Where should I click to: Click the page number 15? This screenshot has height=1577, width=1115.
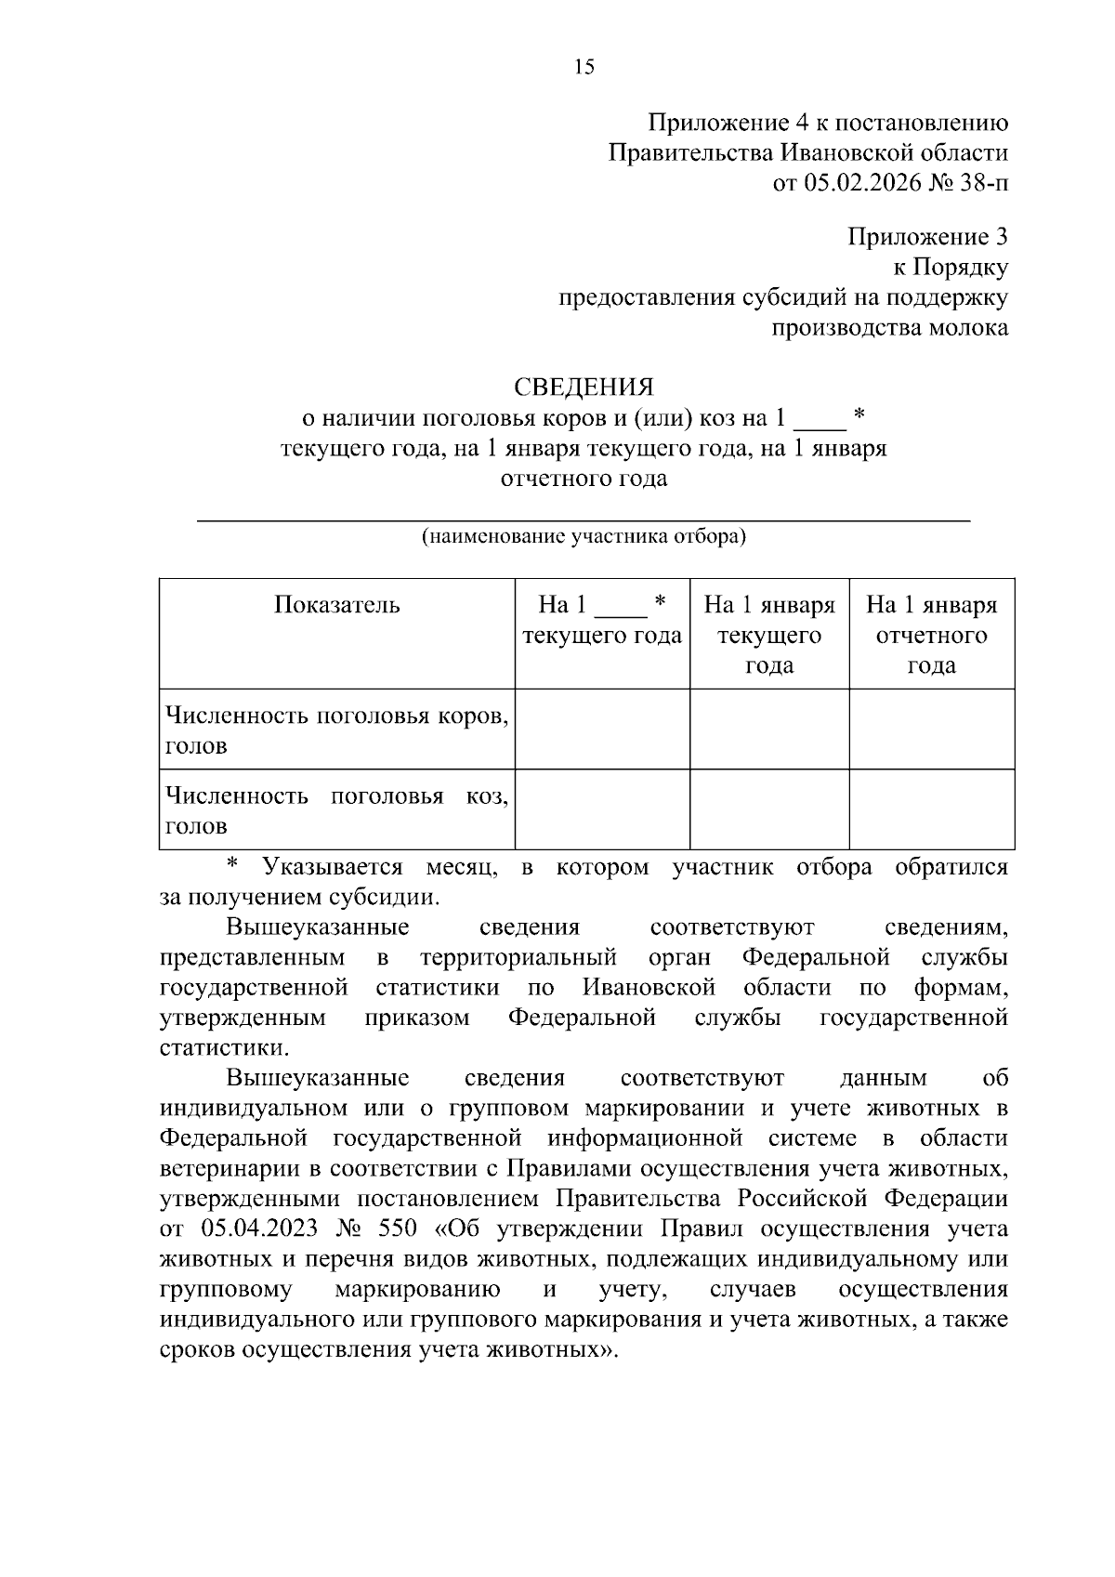point(584,67)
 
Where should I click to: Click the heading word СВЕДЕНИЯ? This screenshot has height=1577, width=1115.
point(584,387)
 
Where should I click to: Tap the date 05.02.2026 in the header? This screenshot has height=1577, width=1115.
point(861,183)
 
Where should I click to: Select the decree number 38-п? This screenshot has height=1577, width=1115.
point(985,183)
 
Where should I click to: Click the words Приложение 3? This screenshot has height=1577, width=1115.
point(927,237)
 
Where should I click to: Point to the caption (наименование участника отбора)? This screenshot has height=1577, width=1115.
point(584,536)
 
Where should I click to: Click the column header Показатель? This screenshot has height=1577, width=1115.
point(336,605)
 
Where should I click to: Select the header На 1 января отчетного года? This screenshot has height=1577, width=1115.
point(931,635)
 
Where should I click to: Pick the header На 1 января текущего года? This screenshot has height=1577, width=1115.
point(769,635)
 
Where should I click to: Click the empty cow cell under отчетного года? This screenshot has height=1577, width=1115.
point(931,729)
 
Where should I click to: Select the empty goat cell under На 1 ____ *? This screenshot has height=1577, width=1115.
point(602,809)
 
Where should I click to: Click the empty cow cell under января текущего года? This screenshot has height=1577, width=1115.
point(769,729)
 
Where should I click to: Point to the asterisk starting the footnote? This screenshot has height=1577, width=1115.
point(233,865)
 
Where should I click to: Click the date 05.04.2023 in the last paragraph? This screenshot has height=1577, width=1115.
point(258,1229)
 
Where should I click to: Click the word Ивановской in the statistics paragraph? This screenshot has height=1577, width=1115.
point(649,987)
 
